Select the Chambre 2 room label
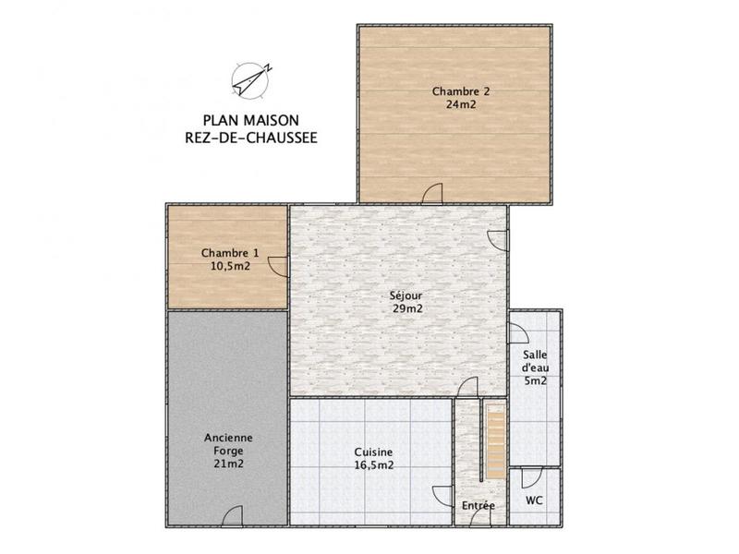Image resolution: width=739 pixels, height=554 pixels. [460, 91]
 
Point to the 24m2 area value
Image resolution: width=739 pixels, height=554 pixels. [460, 104]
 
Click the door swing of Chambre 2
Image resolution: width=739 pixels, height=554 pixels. [432, 193]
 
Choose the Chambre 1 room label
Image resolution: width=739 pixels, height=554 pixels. [230, 253]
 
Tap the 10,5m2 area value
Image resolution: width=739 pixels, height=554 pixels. [230, 266]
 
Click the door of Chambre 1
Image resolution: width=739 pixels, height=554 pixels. [276, 266]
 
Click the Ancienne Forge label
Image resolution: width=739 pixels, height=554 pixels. [227, 443]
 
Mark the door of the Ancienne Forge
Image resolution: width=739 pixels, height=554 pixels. [233, 515]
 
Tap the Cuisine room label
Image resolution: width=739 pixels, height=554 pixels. [374, 452]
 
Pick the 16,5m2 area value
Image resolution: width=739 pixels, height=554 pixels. [374, 465]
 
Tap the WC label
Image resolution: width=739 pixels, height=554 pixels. [534, 500]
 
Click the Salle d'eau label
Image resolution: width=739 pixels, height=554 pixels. [535, 361]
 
